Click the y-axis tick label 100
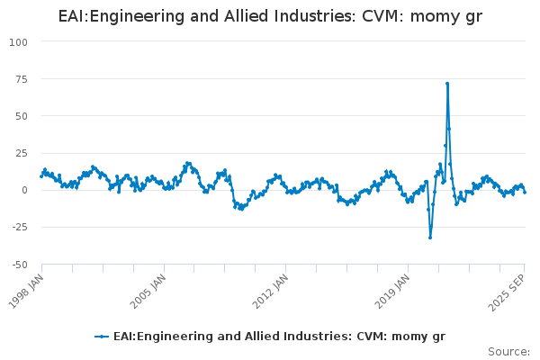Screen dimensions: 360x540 click(19, 42)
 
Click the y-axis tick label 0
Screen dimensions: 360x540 click(25, 190)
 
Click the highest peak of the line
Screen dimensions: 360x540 click(446, 84)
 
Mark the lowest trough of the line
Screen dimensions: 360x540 click(430, 238)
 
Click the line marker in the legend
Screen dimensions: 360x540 click(102, 336)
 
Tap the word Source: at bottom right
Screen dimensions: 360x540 click(508, 351)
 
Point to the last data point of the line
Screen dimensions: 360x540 click(525, 192)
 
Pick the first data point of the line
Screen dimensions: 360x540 click(41, 176)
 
